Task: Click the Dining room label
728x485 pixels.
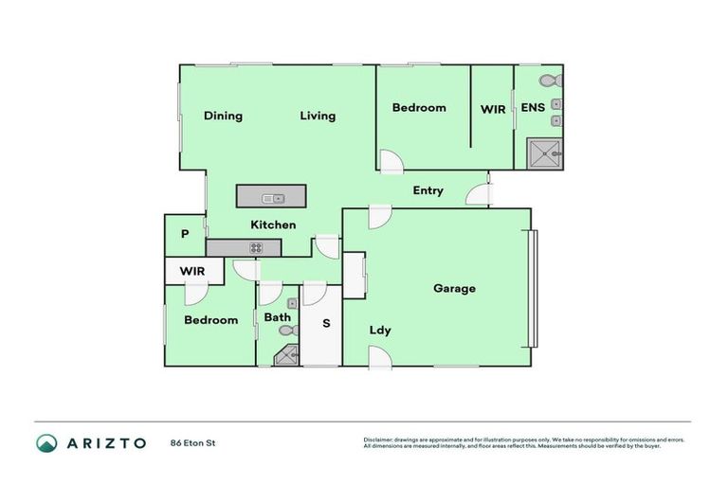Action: tap(223, 117)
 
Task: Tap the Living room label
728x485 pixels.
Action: tap(318, 117)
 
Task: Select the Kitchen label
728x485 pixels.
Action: tap(273, 225)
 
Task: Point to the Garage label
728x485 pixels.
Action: tap(454, 289)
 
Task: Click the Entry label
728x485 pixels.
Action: tap(428, 191)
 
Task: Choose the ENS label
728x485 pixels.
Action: tap(533, 108)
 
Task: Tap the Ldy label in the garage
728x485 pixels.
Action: tap(380, 331)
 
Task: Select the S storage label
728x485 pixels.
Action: tap(326, 324)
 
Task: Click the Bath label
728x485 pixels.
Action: tap(277, 317)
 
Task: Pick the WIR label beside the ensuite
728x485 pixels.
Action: tap(493, 110)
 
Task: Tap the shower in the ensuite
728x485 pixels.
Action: tap(545, 153)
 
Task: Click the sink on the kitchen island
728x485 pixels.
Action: tap(276, 198)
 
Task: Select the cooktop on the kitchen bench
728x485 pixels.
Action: tap(255, 248)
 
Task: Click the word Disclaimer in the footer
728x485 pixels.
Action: tap(378, 440)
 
